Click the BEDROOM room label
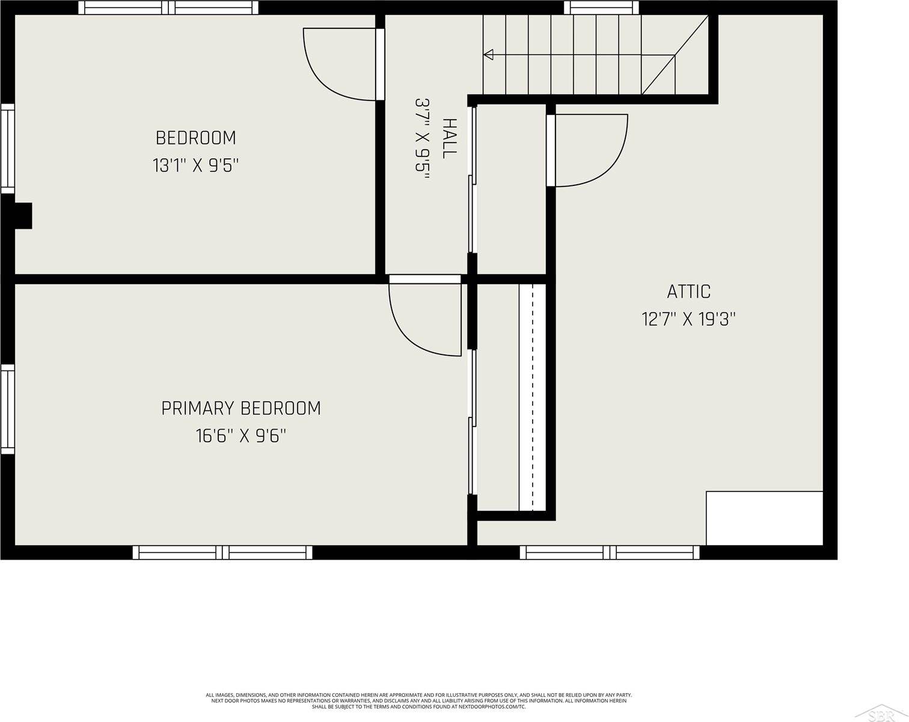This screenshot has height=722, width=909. tap(195, 138)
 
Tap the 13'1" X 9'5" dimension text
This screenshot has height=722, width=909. tap(195, 165)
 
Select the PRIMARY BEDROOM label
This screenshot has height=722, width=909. tap(240, 409)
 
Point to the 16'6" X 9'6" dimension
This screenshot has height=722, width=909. tap(240, 436)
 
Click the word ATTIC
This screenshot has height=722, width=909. tap(688, 292)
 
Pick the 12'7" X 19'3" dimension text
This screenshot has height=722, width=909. tap(688, 319)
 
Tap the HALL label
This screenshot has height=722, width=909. tap(450, 138)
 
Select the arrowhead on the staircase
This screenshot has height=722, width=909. tap(488, 55)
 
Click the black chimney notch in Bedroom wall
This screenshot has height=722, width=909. tap(23, 216)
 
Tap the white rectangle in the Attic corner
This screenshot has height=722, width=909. tap(764, 518)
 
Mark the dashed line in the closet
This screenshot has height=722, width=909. tap(532, 397)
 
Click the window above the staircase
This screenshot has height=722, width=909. tap(602, 8)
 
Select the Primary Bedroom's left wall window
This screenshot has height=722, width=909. tap(8, 409)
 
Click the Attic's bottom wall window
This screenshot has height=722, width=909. tap(610, 552)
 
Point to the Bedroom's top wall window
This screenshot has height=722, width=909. tap(168, 8)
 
